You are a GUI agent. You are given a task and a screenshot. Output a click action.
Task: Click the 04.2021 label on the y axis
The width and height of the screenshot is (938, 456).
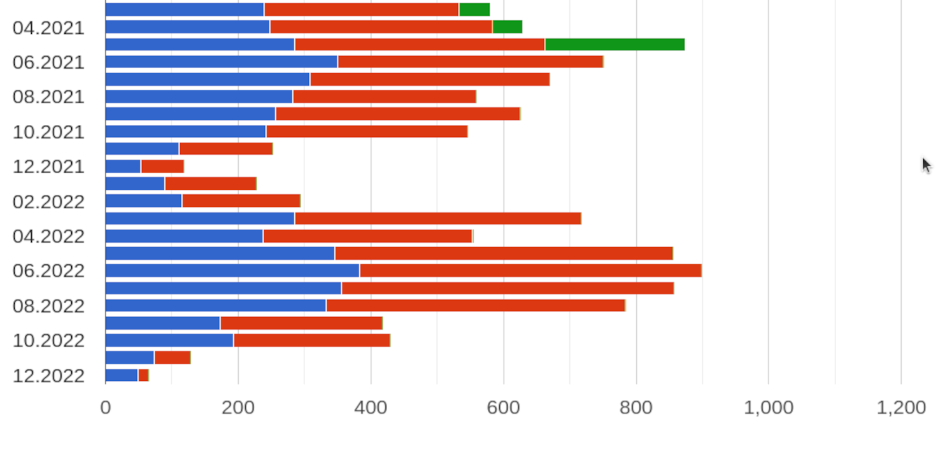[x=48, y=28]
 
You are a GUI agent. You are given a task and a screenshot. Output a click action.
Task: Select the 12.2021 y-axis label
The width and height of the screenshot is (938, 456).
[x=48, y=167]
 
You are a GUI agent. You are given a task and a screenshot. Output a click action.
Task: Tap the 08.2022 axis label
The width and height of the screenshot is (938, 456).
[x=48, y=306]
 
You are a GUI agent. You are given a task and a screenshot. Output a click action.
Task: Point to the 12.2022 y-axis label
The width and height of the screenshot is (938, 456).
[x=48, y=376]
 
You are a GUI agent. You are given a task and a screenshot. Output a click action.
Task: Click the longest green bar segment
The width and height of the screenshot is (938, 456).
[x=615, y=45]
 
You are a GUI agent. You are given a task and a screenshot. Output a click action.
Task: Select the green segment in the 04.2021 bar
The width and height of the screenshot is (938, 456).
[x=508, y=27]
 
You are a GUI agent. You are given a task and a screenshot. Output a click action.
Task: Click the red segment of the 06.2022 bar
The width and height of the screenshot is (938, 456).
[x=530, y=271]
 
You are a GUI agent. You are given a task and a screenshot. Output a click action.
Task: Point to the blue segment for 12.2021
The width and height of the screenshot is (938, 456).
[x=123, y=166]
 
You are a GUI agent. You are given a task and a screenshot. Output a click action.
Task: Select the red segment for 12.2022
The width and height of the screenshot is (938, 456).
[x=143, y=375]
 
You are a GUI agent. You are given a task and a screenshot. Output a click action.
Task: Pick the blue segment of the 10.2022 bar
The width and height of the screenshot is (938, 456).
[x=169, y=340]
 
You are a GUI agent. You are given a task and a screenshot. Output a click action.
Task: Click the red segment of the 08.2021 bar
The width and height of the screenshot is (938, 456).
[x=384, y=97]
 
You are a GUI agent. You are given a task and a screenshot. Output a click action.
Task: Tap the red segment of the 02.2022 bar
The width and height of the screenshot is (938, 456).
[x=241, y=201]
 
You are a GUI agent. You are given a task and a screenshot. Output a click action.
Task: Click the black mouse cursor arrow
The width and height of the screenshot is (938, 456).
[x=926, y=165]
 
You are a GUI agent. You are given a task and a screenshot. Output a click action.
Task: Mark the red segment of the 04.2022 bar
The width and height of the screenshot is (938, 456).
[x=367, y=236]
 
